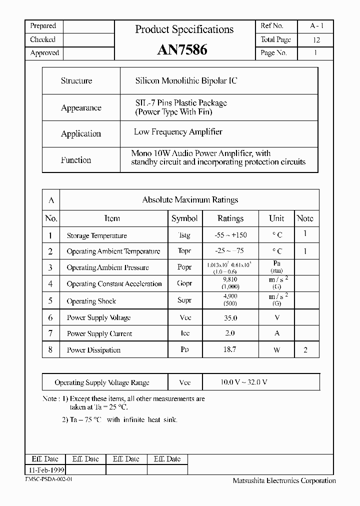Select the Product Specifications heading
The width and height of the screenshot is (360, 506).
[x=184, y=29]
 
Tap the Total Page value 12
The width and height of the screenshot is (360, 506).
[x=316, y=40]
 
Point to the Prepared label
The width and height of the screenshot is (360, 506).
[x=43, y=26]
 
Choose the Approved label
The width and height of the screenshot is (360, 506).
[x=44, y=53]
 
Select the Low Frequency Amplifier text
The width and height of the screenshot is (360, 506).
[x=178, y=132]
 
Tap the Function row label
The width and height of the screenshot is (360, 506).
[x=76, y=160]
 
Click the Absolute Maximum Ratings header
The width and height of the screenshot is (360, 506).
[x=190, y=200]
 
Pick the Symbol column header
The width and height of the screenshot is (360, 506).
[x=184, y=218]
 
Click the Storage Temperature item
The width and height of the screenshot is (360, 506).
[x=97, y=236]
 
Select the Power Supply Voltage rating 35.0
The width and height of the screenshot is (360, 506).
[x=230, y=318]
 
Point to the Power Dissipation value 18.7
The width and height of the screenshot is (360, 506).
[x=229, y=350]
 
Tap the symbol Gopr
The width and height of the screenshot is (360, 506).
[x=184, y=283]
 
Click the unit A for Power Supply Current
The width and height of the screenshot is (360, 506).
[x=276, y=333]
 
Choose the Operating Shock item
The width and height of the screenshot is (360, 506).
[x=91, y=301]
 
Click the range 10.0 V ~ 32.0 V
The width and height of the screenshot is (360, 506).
[x=244, y=382]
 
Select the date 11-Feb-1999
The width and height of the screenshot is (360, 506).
[x=45, y=470]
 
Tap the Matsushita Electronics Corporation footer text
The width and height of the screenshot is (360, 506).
[x=284, y=481]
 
